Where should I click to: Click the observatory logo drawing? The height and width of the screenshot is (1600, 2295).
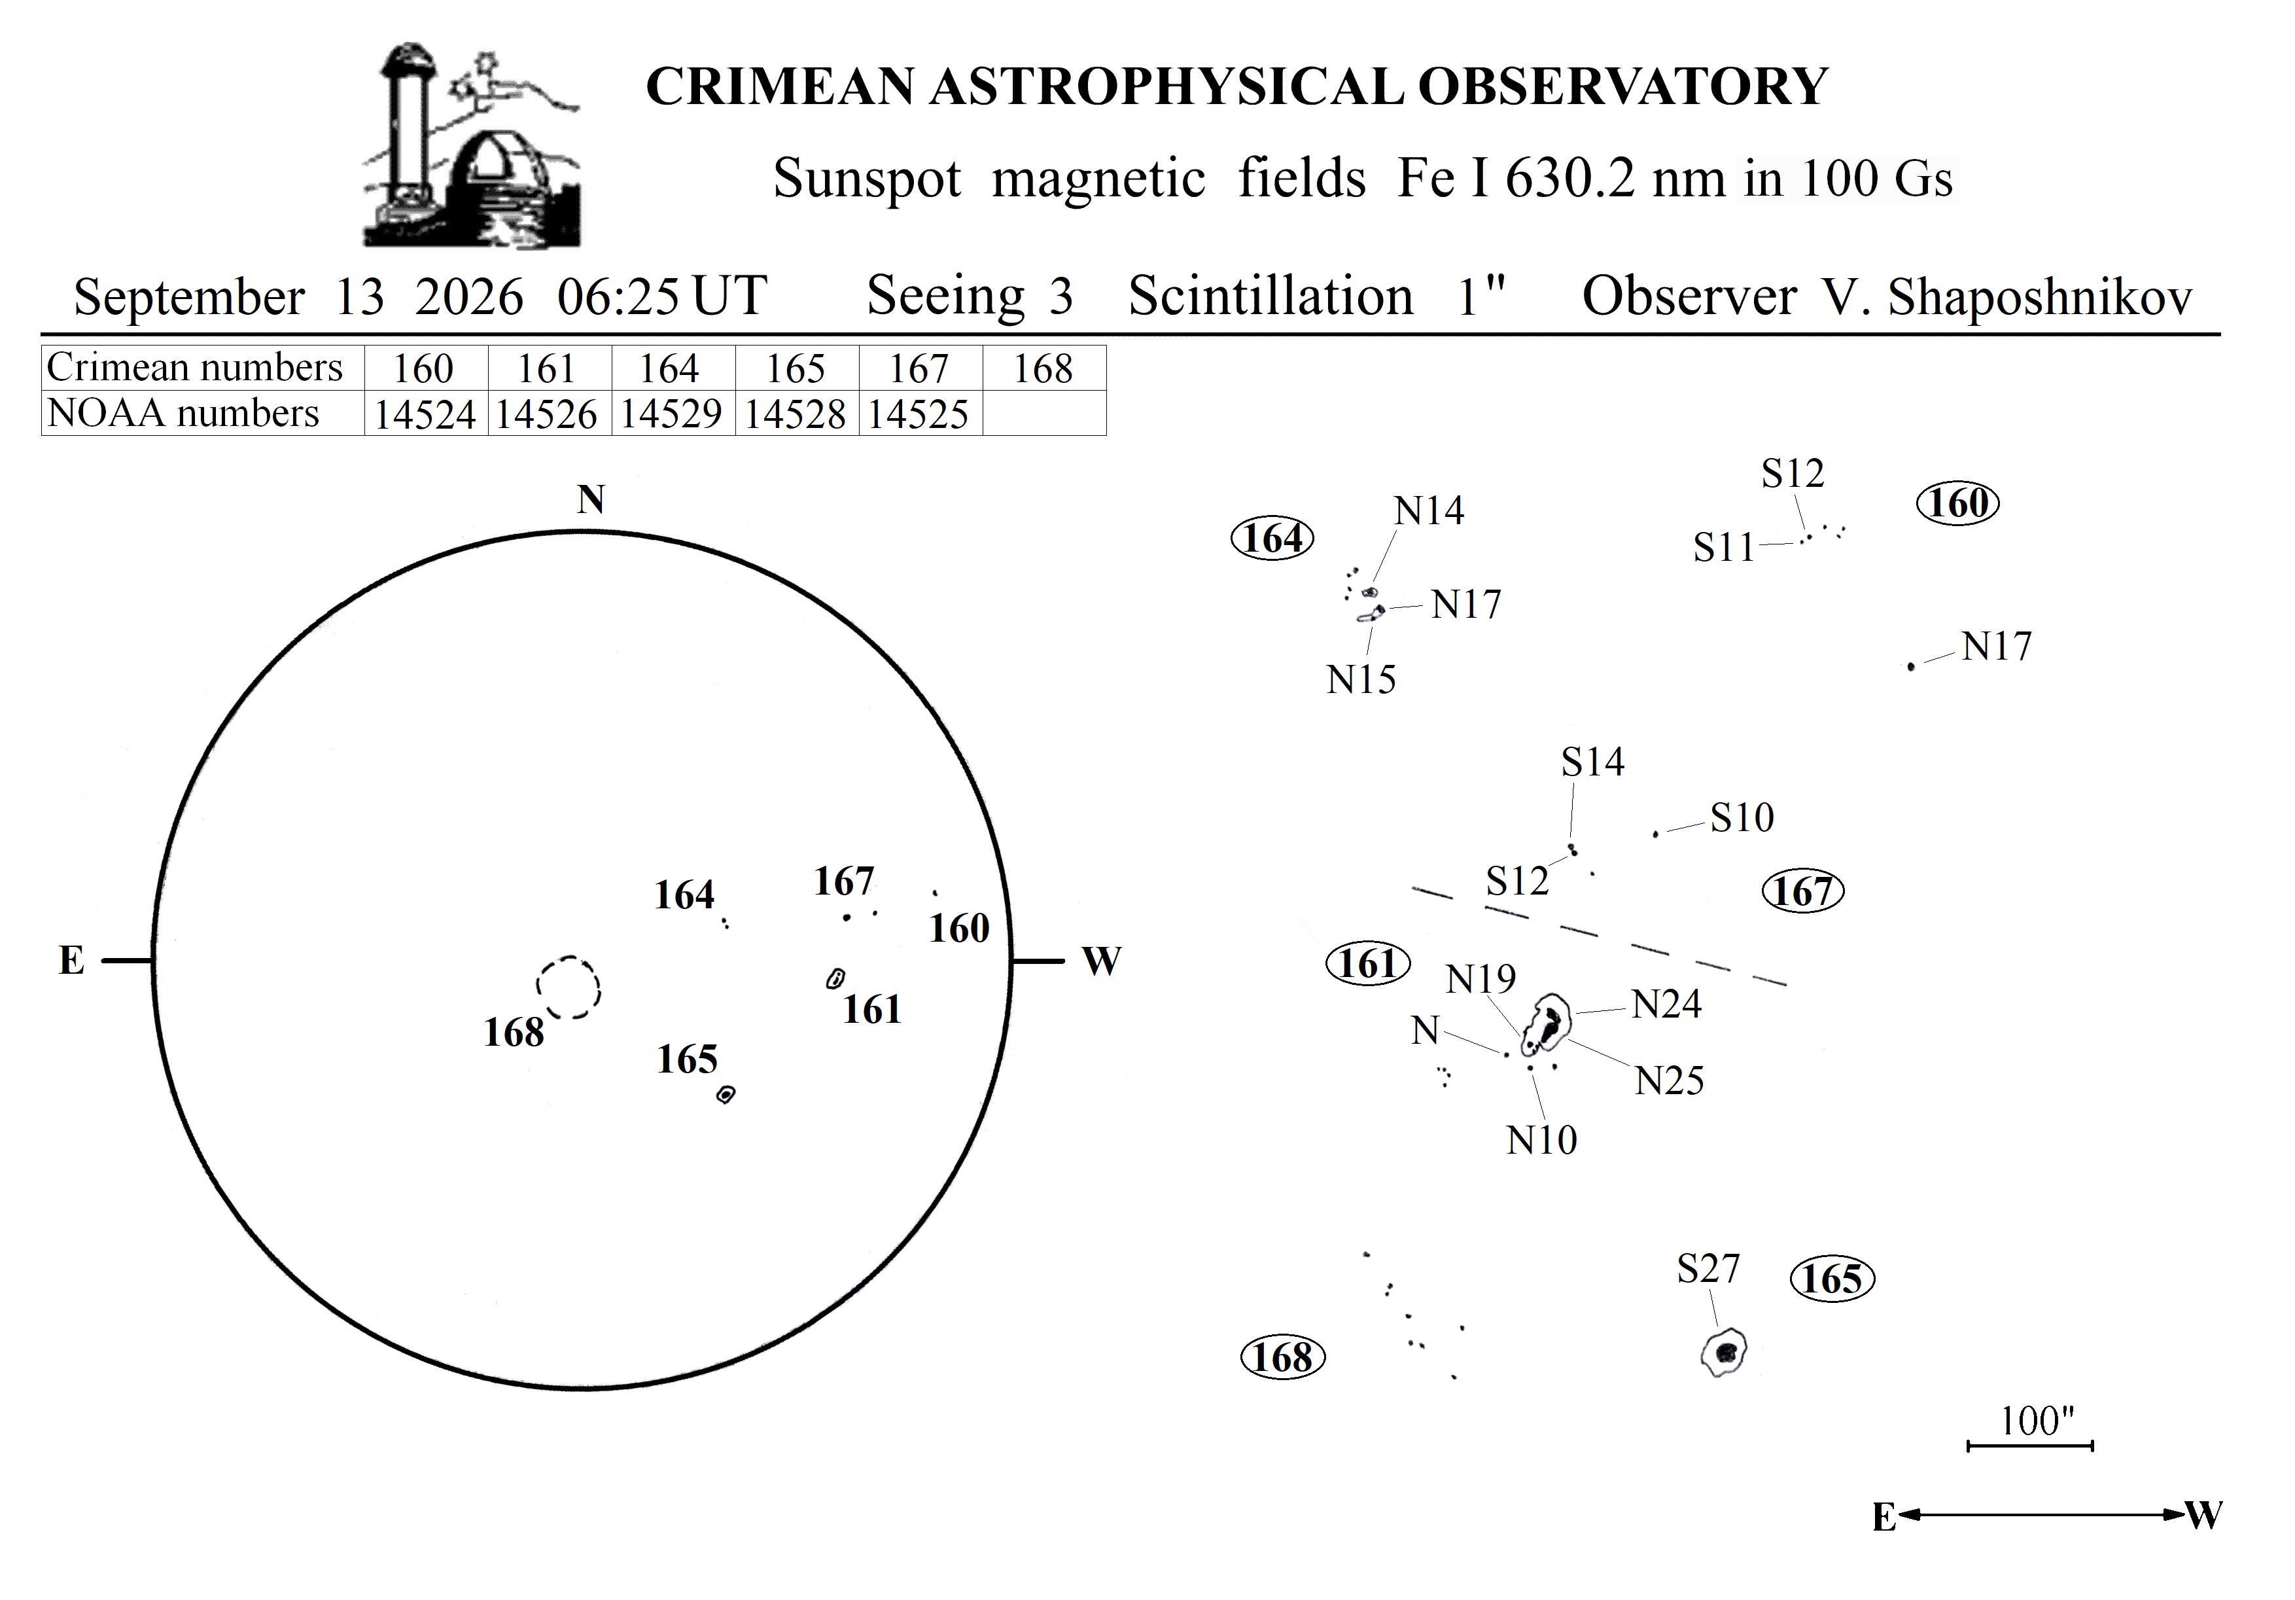pos(472,146)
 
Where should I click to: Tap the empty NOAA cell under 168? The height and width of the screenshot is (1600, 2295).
pos(1045,413)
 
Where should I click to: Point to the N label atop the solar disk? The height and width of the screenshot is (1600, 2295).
pos(591,499)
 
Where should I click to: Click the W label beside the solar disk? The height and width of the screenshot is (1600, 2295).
pos(1102,961)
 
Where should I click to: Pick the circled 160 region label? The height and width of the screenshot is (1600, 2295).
pos(1958,503)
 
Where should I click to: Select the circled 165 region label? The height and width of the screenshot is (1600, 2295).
pos(1832,1279)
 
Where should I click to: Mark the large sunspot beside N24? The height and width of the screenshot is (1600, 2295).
pos(1547,1025)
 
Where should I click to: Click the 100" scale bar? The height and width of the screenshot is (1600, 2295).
pos(2030,1445)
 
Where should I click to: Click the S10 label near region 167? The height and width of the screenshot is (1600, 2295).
pos(1742,818)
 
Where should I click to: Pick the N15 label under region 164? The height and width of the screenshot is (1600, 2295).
pos(1361,680)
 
